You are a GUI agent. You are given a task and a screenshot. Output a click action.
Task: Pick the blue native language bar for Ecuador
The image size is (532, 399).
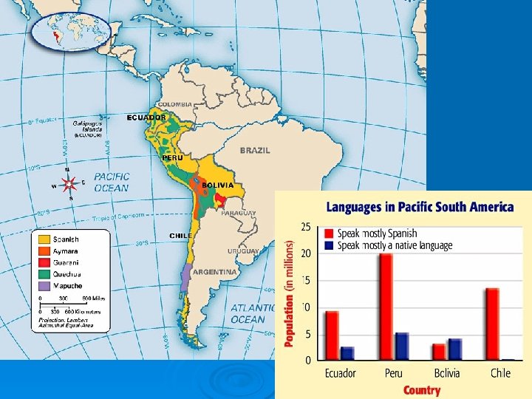347,353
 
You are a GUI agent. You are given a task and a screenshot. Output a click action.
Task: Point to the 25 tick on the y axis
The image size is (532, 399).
305,226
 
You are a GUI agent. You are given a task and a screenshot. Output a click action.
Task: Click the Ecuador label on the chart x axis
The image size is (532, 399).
341,373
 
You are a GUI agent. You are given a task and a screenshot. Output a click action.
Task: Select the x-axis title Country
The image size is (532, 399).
422,389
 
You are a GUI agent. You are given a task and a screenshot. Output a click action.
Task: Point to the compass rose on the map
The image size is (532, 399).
69,184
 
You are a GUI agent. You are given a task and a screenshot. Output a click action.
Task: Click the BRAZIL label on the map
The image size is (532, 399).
255,150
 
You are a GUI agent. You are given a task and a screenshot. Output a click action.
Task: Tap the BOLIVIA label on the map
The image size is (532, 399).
217,185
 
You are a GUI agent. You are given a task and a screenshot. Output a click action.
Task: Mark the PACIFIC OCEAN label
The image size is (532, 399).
111,182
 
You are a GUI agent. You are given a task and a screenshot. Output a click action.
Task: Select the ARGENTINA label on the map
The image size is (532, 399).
215,272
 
